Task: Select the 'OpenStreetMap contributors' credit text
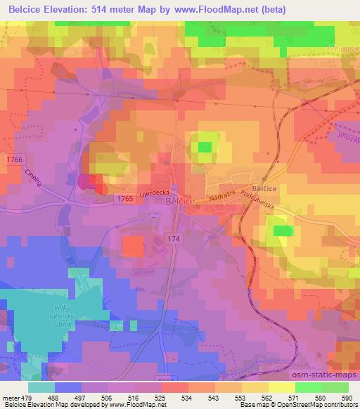click(319, 405)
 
